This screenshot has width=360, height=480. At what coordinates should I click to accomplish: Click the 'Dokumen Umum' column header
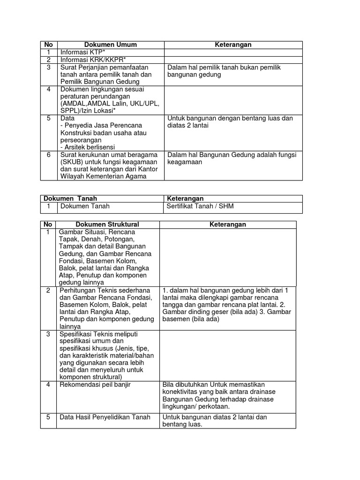[111, 45]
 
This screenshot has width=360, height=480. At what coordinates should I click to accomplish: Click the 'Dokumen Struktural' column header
[108, 225]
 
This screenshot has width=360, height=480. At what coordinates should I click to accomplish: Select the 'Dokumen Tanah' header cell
[70, 199]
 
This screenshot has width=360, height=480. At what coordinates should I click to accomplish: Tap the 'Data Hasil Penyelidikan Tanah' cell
[105, 417]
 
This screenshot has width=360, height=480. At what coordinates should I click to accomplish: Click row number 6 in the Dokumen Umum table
[48, 155]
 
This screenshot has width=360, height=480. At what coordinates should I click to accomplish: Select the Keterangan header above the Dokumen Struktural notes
[227, 225]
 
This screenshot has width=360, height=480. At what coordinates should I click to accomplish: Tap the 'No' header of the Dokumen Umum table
[48, 45]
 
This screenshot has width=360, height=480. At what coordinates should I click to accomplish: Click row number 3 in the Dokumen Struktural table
[48, 334]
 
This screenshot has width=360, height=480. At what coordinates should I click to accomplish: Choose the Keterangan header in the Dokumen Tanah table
[185, 199]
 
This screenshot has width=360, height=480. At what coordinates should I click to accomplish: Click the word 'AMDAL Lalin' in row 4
[106, 104]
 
